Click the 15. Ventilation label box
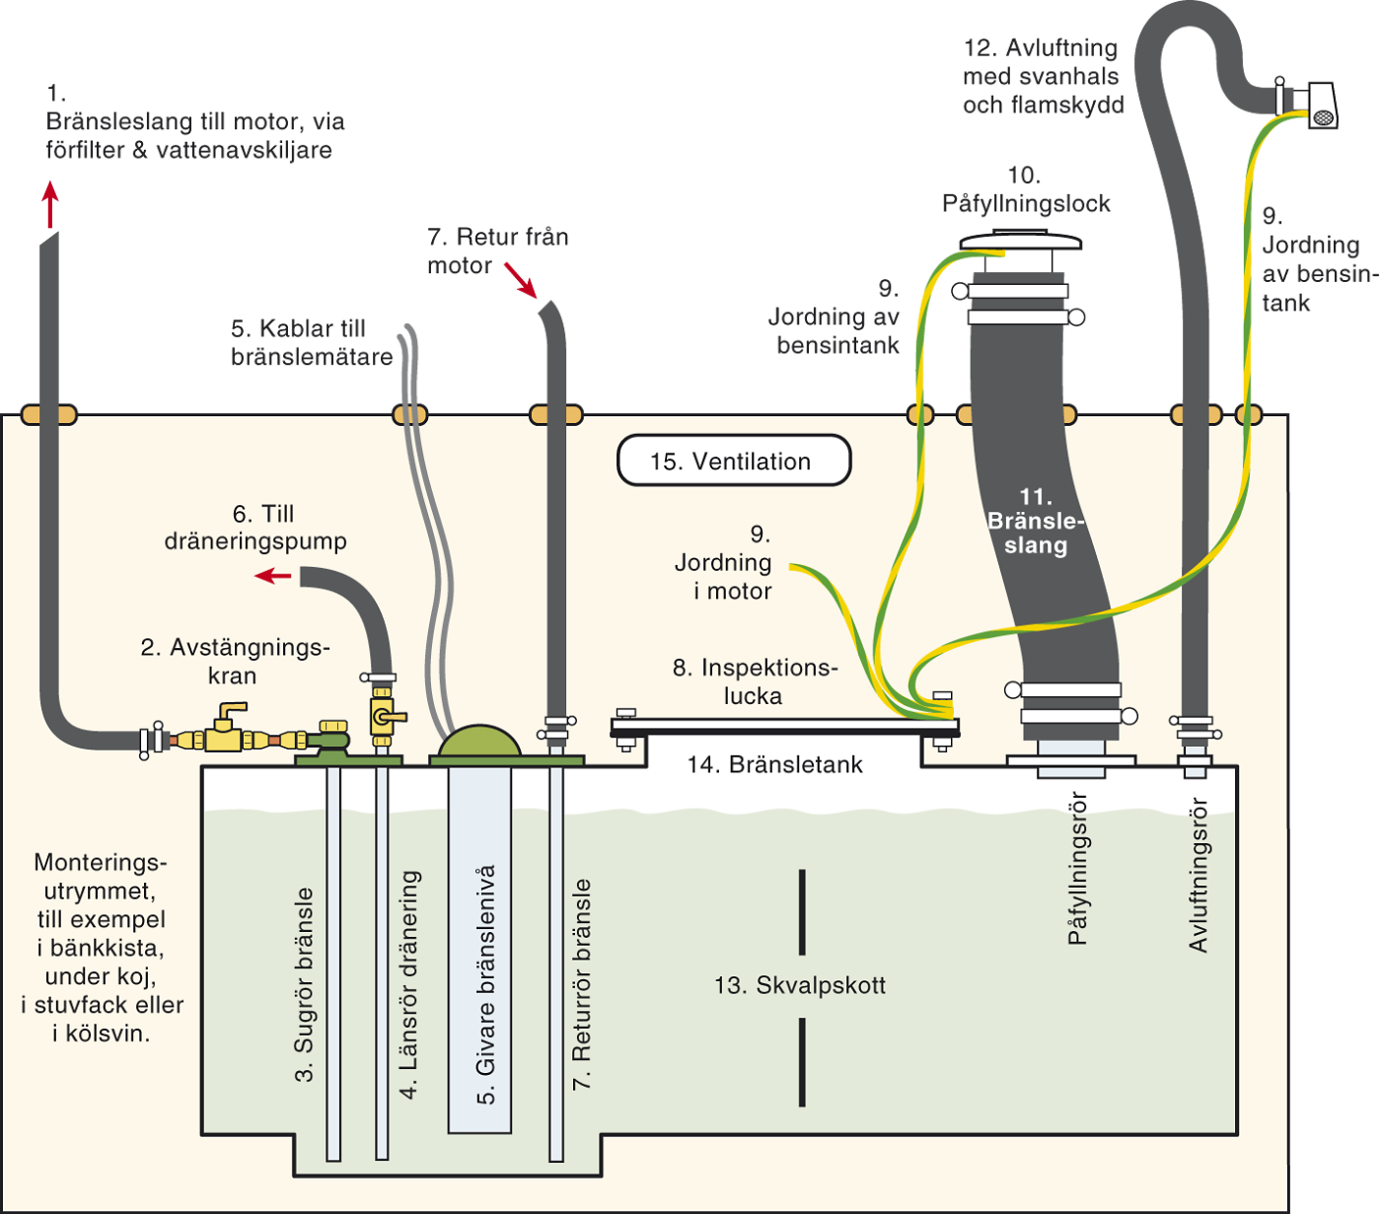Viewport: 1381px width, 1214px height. coord(733,461)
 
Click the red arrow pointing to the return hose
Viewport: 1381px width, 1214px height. coord(520,280)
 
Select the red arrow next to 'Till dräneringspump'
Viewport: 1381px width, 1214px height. coord(273,574)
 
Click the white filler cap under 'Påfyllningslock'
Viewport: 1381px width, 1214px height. coord(1021,243)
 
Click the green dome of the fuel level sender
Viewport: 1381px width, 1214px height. coord(479,741)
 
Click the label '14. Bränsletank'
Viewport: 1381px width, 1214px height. coord(774,764)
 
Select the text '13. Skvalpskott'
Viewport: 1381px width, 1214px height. coord(800,985)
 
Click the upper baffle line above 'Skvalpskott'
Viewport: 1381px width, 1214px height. coord(802,912)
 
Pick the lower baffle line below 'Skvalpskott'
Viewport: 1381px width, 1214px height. coord(802,1061)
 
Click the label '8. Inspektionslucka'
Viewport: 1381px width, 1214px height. coord(755,681)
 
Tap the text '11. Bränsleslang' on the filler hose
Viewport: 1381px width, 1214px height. coord(1036,521)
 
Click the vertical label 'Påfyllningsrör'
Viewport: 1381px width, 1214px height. coord(1078,868)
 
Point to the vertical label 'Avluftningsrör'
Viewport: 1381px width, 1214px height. coord(1199,875)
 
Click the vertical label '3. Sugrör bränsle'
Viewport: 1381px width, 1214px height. coord(305,984)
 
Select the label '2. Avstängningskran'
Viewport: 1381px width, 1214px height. coord(235,661)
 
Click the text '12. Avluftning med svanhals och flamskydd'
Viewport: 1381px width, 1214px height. coord(1043,76)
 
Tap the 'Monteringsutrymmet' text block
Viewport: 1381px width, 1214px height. coord(102,947)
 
